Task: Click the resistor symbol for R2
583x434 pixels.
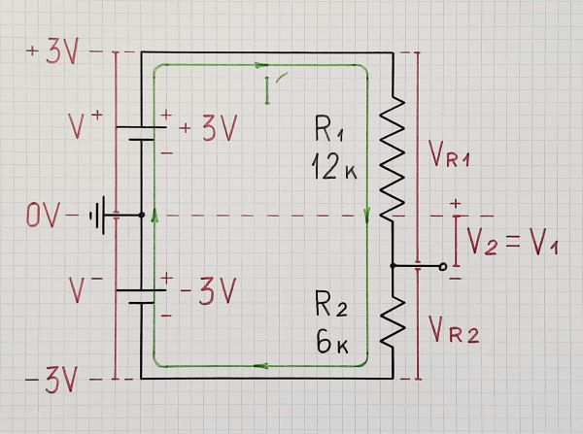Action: [393, 318]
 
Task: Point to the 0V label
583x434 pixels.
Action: [44, 215]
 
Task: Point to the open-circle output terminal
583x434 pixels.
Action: [445, 265]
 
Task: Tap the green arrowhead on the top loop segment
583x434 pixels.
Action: [260, 66]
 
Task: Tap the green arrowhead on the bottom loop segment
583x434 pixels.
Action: [260, 367]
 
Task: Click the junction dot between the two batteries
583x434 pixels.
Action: [143, 215]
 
